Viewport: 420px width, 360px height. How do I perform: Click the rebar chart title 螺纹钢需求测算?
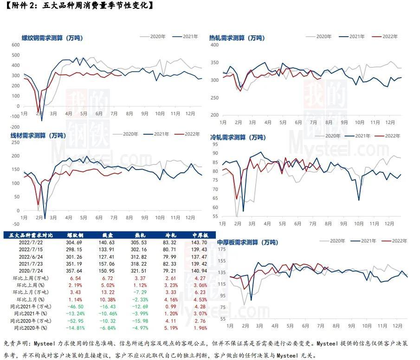[52, 38]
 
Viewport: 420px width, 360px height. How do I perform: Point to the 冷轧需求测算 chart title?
[238, 137]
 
